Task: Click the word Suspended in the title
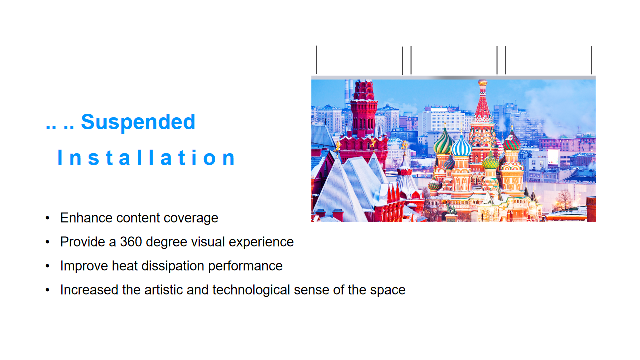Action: [138, 123]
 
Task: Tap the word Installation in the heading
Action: [146, 157]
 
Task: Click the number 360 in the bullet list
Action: [131, 242]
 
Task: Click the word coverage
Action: [191, 219]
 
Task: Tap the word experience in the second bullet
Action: [261, 243]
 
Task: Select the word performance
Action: [245, 267]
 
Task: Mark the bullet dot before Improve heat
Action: [47, 266]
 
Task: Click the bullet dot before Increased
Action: [47, 290]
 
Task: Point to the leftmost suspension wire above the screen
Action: [317, 60]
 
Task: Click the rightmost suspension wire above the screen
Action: [591, 60]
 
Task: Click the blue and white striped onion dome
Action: [461, 146]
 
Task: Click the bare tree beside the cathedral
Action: [563, 200]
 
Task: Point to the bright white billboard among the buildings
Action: [553, 157]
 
